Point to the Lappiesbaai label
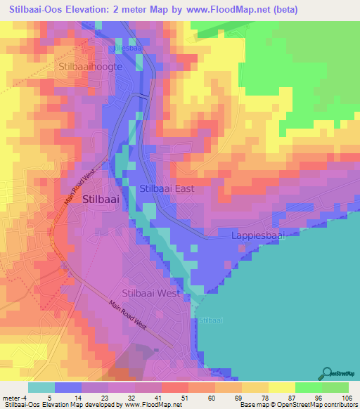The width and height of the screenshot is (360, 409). point(257,236)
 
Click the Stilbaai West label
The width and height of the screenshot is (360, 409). point(150,293)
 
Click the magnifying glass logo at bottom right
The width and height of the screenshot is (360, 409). point(328,372)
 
